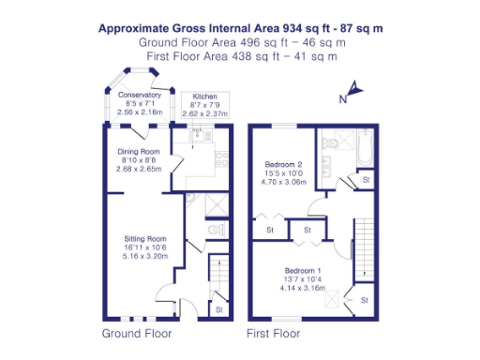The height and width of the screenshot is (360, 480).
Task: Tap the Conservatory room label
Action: click(140, 96)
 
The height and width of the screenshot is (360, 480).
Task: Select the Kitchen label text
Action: click(204, 97)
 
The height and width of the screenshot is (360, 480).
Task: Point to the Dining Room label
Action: click(139, 152)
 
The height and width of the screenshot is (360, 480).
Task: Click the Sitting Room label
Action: click(143, 238)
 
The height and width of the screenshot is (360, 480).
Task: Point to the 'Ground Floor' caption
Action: click(133, 333)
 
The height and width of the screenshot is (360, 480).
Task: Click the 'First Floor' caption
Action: click(273, 333)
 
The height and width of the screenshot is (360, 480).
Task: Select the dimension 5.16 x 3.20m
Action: click(143, 255)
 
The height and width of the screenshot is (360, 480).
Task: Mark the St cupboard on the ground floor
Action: click(218, 308)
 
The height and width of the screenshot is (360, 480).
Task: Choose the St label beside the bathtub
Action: click(367, 178)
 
